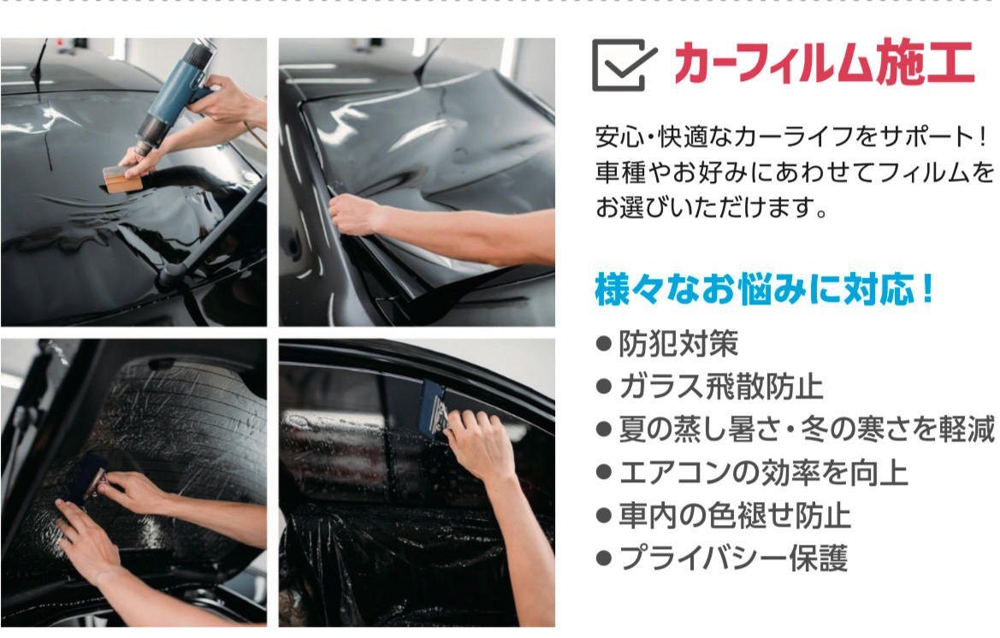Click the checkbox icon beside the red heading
[624, 64]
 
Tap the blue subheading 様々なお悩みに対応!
[764, 289]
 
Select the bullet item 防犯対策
[678, 344]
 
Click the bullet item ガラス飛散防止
[721, 387]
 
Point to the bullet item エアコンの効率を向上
[763, 472]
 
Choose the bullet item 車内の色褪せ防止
[735, 515]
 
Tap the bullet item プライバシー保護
[733, 558]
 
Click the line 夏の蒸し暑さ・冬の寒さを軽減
[807, 429]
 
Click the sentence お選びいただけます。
[711, 207]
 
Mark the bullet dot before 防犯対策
[603, 344]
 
